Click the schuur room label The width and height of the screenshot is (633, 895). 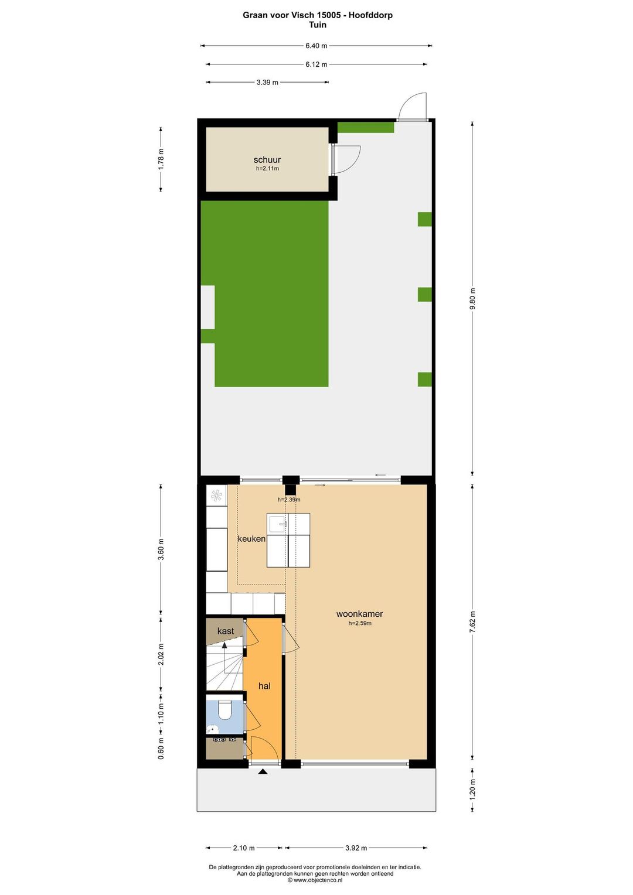coord(267,160)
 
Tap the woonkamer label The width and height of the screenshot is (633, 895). coord(359,614)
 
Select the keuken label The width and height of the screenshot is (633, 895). coord(251,539)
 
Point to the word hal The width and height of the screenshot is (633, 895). coord(264,686)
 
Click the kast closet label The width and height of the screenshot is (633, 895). coord(226,631)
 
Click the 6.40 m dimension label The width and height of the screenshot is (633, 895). coord(316,46)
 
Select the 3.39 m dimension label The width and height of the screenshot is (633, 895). coord(267,83)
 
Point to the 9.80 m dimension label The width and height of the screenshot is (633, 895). coord(472,299)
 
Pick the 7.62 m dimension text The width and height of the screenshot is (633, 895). coord(472,621)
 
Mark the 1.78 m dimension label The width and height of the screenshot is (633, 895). coord(161,159)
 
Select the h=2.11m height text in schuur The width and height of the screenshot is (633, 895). coord(267,169)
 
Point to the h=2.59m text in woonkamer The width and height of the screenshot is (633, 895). coord(360,623)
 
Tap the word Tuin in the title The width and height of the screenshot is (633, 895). coord(317,25)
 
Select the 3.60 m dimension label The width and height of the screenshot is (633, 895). coord(161,550)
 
